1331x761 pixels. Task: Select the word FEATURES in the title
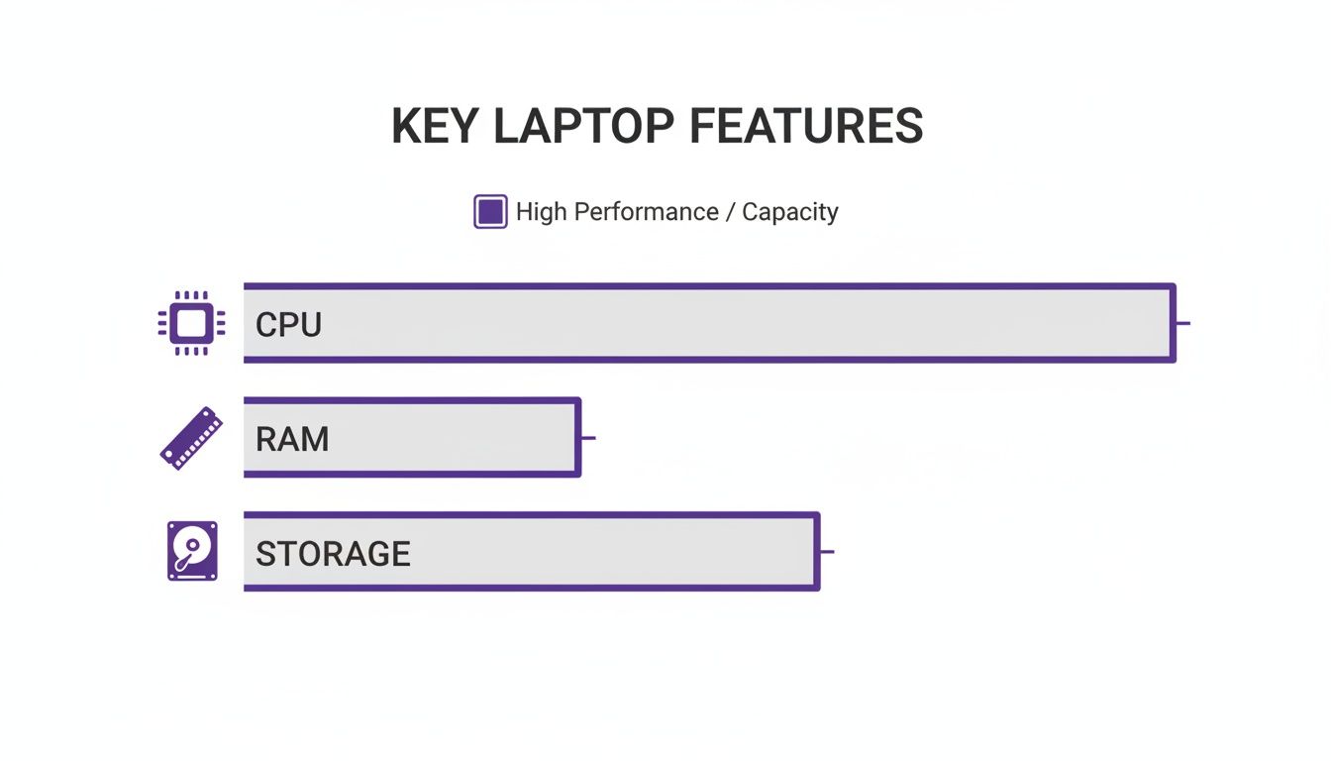[x=805, y=127]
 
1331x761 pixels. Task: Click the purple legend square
[x=490, y=212]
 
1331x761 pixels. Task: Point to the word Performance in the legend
[x=646, y=212]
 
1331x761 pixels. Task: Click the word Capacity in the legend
[x=789, y=212]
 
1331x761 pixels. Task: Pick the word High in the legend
[x=542, y=212]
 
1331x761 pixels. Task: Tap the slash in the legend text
[x=730, y=212]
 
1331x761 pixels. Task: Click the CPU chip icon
[x=191, y=323]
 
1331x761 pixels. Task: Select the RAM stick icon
[x=191, y=438]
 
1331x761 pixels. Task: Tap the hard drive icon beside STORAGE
[x=191, y=551]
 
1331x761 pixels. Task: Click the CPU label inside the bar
[x=288, y=325]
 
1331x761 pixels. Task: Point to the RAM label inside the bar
[x=291, y=439]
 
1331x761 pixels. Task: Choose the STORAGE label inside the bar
[x=333, y=553]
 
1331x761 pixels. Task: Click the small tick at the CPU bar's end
[x=1182, y=323]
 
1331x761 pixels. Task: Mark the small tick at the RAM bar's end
[x=588, y=437]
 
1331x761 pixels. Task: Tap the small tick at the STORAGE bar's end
[x=827, y=551]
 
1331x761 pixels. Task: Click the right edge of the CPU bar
[x=1173, y=323]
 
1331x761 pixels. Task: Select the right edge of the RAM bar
[x=577, y=437]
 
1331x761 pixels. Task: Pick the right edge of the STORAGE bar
[x=817, y=551]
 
